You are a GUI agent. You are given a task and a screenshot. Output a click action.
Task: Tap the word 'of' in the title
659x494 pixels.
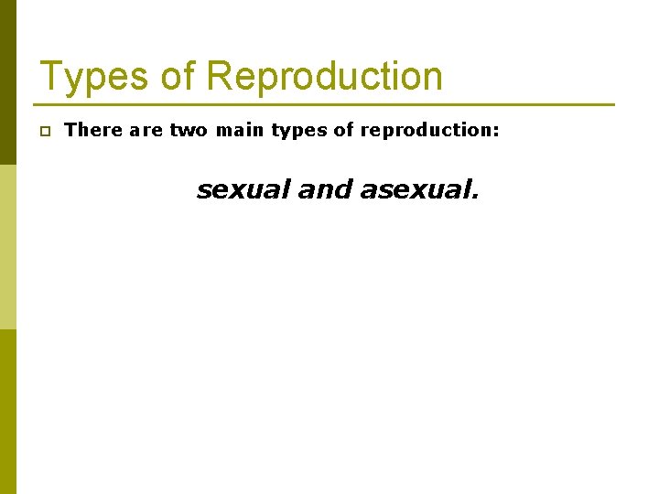click(x=177, y=77)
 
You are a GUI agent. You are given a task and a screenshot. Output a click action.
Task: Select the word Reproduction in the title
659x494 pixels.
click(x=325, y=77)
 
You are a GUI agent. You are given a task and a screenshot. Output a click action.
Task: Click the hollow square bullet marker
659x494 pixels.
click(x=44, y=132)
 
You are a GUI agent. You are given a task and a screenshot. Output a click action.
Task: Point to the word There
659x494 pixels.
click(x=93, y=130)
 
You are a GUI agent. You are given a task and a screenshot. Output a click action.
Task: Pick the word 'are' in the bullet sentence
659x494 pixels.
click(x=146, y=130)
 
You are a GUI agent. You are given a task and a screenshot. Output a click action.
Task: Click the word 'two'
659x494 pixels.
click(x=189, y=130)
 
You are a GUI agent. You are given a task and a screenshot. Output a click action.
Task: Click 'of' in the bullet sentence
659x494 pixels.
click(x=343, y=130)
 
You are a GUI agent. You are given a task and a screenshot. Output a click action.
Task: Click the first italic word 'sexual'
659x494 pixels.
click(x=243, y=189)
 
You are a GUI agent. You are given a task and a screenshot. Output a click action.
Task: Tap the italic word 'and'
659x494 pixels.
click(x=325, y=189)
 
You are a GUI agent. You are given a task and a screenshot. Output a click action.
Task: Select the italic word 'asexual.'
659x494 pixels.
click(x=420, y=189)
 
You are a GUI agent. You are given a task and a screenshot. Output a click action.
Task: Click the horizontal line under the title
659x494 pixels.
click(x=325, y=104)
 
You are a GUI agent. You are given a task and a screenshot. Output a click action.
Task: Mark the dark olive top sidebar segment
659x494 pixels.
click(x=8, y=82)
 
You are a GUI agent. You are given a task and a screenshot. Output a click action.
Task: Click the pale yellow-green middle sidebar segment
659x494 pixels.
click(x=8, y=247)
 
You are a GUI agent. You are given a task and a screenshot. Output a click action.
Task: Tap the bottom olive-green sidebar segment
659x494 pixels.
click(x=8, y=412)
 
